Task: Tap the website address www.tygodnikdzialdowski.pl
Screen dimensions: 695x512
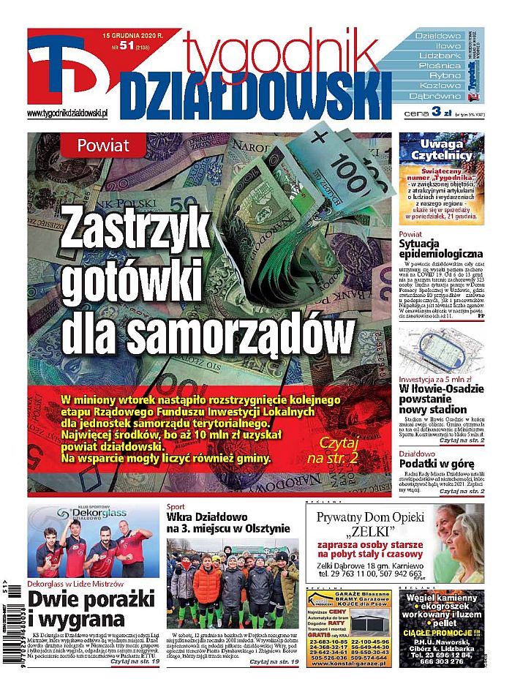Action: tap(67, 113)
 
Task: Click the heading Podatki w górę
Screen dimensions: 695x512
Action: tap(437, 464)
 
